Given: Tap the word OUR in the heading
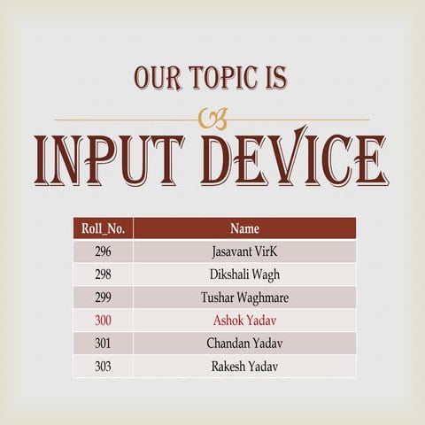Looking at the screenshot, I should point(158,78).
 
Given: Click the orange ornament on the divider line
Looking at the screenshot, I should point(213,119).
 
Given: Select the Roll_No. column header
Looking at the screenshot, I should point(103,228).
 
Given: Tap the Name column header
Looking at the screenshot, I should point(244,228).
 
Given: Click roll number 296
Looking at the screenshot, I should point(103,251).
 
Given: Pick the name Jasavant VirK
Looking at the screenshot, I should point(244,251).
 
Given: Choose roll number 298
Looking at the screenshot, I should point(103,274).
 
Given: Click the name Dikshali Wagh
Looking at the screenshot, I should point(244,274).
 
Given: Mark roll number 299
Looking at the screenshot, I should point(103,297).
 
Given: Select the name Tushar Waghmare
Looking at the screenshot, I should point(244,297).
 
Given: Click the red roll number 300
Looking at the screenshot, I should point(103,320).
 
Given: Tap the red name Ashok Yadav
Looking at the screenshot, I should point(244,320).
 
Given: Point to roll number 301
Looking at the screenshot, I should point(103,343).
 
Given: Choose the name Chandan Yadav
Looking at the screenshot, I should point(244,343).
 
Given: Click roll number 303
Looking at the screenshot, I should point(103,366).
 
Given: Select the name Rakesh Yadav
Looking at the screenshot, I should point(244,366).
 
